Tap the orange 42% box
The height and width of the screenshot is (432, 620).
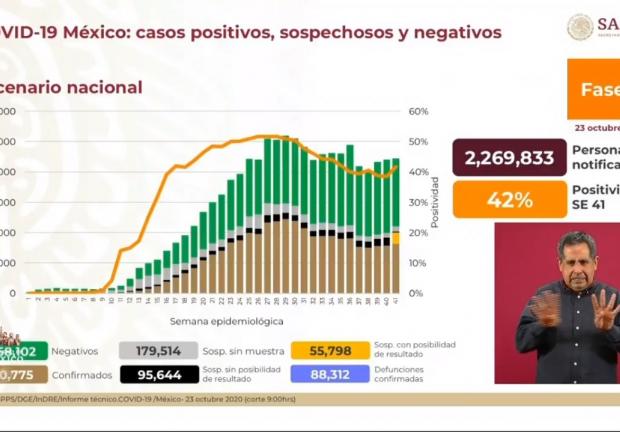[x=509, y=200]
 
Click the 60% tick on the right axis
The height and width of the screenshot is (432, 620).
[x=419, y=112]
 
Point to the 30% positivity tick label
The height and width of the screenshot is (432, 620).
[x=419, y=203]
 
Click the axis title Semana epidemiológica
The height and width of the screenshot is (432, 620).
[x=226, y=321]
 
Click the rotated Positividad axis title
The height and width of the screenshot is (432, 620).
[x=437, y=201]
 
